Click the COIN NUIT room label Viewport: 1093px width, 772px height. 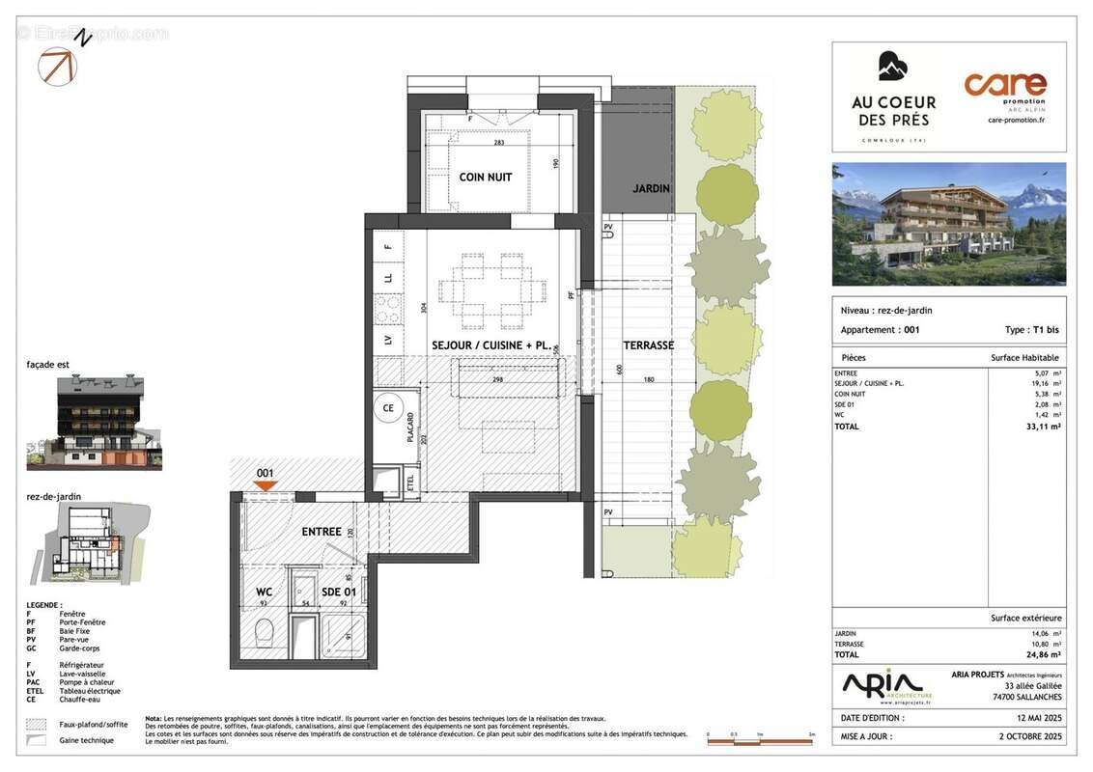[x=485, y=178]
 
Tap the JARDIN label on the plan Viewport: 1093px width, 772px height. [x=651, y=189]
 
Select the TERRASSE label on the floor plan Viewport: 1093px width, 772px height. [x=648, y=345]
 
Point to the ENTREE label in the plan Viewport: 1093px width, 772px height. [x=322, y=532]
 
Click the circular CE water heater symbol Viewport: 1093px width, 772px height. [x=389, y=408]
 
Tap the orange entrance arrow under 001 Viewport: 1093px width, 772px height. [x=266, y=487]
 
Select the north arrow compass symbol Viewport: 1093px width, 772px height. [x=58, y=63]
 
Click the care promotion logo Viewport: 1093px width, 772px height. [x=1004, y=96]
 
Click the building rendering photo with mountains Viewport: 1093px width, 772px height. [x=949, y=224]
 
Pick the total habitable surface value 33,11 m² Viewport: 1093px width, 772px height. [x=1042, y=426]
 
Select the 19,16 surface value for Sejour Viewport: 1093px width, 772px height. [x=1046, y=383]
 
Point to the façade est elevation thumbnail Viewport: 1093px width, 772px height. [x=95, y=423]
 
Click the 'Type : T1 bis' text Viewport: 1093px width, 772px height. [x=1031, y=330]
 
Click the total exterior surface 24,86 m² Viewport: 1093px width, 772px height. [x=1042, y=654]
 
